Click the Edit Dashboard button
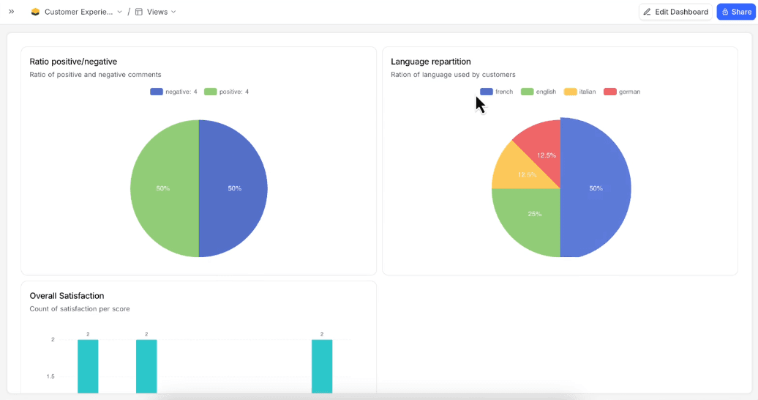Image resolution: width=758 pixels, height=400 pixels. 675,12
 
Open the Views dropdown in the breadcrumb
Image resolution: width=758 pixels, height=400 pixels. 156,12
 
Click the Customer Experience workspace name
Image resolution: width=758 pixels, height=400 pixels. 78,12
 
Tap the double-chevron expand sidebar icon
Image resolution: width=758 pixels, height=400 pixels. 11,12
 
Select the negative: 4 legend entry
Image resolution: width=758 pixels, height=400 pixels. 173,92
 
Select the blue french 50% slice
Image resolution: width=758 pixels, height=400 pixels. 596,188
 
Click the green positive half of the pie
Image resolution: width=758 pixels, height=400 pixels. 162,188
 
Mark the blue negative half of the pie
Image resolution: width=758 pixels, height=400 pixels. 234,188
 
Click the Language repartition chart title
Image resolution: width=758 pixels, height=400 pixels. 430,62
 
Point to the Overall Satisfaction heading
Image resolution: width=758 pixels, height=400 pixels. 67,296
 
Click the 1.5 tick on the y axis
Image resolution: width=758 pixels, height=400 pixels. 50,377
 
